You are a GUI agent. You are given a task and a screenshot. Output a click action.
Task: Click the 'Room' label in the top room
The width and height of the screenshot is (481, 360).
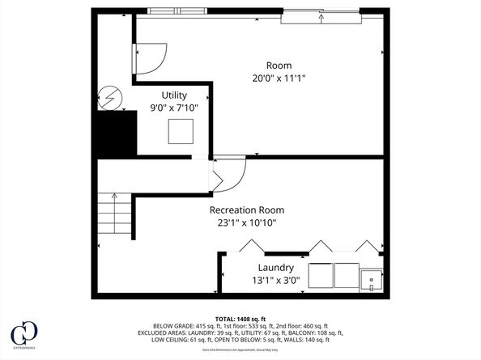pos(279,66)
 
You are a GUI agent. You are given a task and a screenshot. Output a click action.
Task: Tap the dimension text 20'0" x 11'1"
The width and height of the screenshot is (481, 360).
pos(279,78)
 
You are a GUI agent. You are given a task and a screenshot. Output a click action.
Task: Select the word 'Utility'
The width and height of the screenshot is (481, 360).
pos(174,95)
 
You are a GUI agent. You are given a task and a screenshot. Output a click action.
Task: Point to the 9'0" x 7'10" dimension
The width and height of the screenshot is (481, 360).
pos(174,107)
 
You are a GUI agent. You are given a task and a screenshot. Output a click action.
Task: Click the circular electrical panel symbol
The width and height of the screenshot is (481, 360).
pos(109,98)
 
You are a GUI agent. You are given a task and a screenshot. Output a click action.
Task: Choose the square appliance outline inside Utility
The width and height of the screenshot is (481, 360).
pos(181,131)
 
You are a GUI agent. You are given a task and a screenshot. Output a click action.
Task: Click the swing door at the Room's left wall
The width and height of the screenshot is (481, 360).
pos(149,59)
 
